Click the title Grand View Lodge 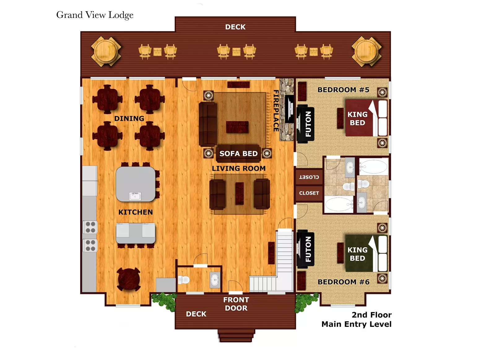tap(95, 15)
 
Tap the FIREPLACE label tap(276, 111)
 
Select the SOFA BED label tap(238, 154)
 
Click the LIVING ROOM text tap(239, 168)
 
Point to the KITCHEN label tap(136, 212)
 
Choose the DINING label tap(129, 119)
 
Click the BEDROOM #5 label tap(343, 90)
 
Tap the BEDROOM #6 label tap(343, 282)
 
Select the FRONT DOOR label tap(236, 304)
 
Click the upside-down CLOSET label tap(309, 177)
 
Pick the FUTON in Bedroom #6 tap(306, 249)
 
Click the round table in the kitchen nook tap(128, 280)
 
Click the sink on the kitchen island tap(135, 196)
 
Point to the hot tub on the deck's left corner tap(106, 51)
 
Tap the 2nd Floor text tap(371, 315)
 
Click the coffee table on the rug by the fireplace tap(237, 127)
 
